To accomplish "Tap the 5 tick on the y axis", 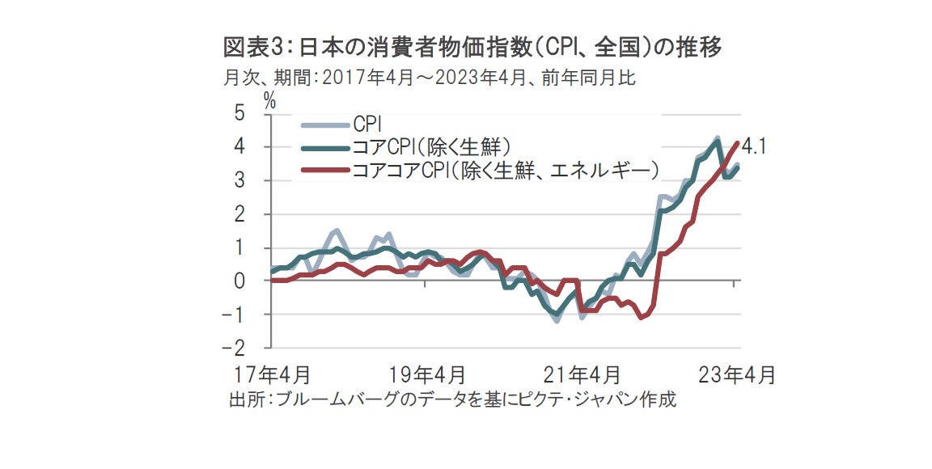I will click(239, 113).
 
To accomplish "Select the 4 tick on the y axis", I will click(239, 147).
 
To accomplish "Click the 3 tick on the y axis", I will click(239, 181).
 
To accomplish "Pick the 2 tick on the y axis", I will click(239, 214).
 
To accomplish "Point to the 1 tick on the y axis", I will click(239, 248).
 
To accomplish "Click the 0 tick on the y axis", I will click(239, 281).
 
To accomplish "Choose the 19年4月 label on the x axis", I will click(426, 375).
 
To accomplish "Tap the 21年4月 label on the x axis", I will click(582, 375).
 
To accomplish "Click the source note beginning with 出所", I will click(452, 400).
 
